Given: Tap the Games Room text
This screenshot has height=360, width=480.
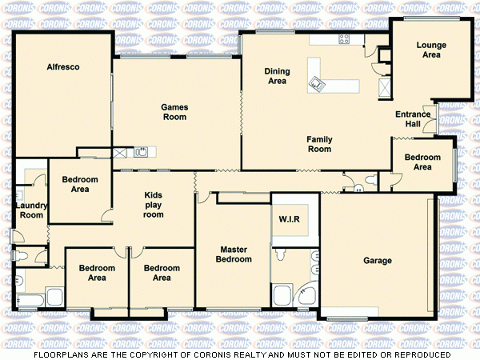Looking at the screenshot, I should pos(174,112).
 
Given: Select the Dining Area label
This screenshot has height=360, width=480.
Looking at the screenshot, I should pos(277,76).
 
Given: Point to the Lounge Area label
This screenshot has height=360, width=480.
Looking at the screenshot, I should pos(430,50).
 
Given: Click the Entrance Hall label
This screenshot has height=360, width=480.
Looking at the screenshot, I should pos(413,119).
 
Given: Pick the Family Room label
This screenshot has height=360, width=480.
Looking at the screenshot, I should pos(319,144).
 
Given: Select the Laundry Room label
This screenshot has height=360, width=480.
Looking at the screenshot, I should pos(31,210).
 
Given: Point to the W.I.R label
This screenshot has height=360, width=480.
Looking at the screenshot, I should pos(289,220).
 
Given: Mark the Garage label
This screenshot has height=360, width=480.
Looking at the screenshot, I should pos(378,261).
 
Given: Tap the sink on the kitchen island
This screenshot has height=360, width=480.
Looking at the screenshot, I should pos(318,82).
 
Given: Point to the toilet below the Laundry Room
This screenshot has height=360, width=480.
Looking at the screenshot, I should pos(24,256).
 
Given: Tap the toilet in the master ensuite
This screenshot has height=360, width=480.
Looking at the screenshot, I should pos(279,255).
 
